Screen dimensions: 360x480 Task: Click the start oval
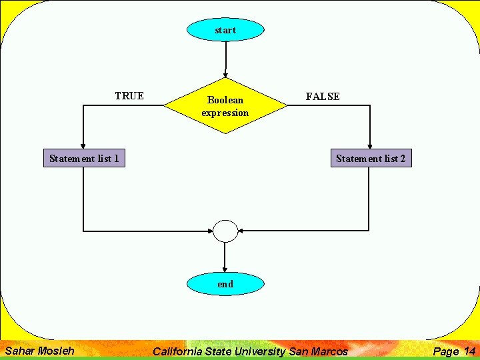coord(225,30)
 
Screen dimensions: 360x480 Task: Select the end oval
coord(225,284)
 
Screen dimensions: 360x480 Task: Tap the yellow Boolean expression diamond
coord(225,106)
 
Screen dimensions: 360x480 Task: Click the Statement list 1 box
coord(84,159)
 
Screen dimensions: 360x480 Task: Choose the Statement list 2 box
coord(371,159)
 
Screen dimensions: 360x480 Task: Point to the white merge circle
coord(225,231)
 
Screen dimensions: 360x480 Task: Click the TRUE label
coord(129,96)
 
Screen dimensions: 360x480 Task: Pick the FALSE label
coord(323,97)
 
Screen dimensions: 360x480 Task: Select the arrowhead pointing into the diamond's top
coord(226,73)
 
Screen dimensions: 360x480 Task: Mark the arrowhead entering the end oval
coord(225,269)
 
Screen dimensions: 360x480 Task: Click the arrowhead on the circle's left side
coord(209,231)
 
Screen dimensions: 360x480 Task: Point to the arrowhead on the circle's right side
coord(241,231)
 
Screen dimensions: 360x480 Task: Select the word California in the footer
coord(181,351)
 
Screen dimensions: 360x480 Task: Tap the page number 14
coord(469,351)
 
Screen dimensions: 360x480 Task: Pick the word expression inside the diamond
coord(225,113)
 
